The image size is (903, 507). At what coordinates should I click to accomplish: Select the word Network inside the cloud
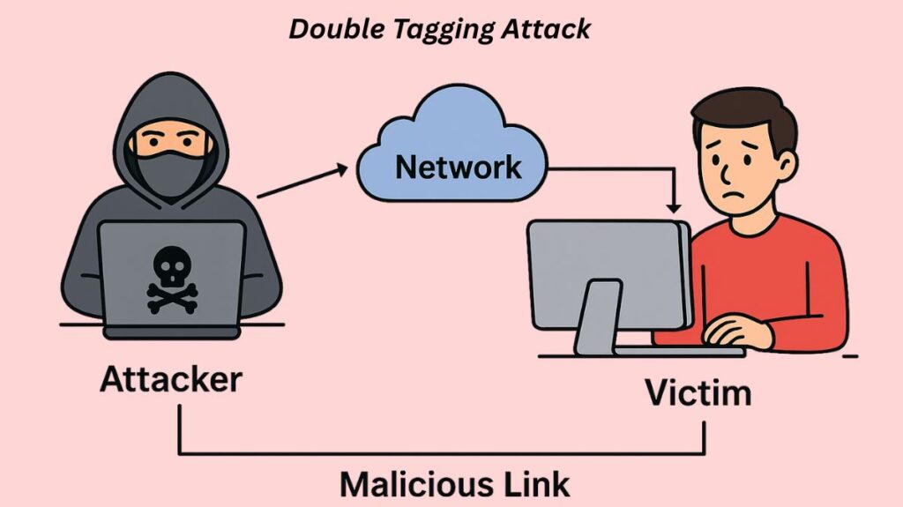[458, 165]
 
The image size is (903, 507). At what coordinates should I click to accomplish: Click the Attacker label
[171, 379]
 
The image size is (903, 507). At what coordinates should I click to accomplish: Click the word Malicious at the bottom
[406, 485]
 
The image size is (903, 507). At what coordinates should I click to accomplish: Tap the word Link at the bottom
[529, 485]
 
